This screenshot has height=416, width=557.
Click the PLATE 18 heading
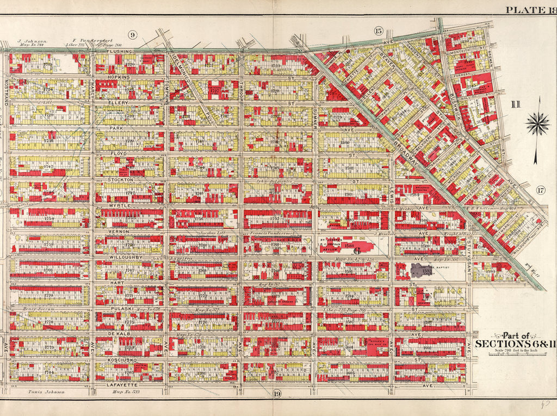pyautogui.click(x=530, y=9)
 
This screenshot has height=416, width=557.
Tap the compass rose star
pyautogui.click(x=537, y=125)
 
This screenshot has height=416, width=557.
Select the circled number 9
pyautogui.click(x=132, y=35)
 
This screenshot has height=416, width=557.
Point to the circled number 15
pyautogui.click(x=378, y=30)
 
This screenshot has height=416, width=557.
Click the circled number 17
pyautogui.click(x=540, y=190)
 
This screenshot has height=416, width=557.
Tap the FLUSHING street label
pyautogui.click(x=120, y=52)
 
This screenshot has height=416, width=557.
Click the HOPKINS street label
pyautogui.click(x=120, y=77)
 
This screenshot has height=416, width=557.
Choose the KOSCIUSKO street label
pyautogui.click(x=122, y=360)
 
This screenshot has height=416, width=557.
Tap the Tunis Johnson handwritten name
pyautogui.click(x=46, y=391)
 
